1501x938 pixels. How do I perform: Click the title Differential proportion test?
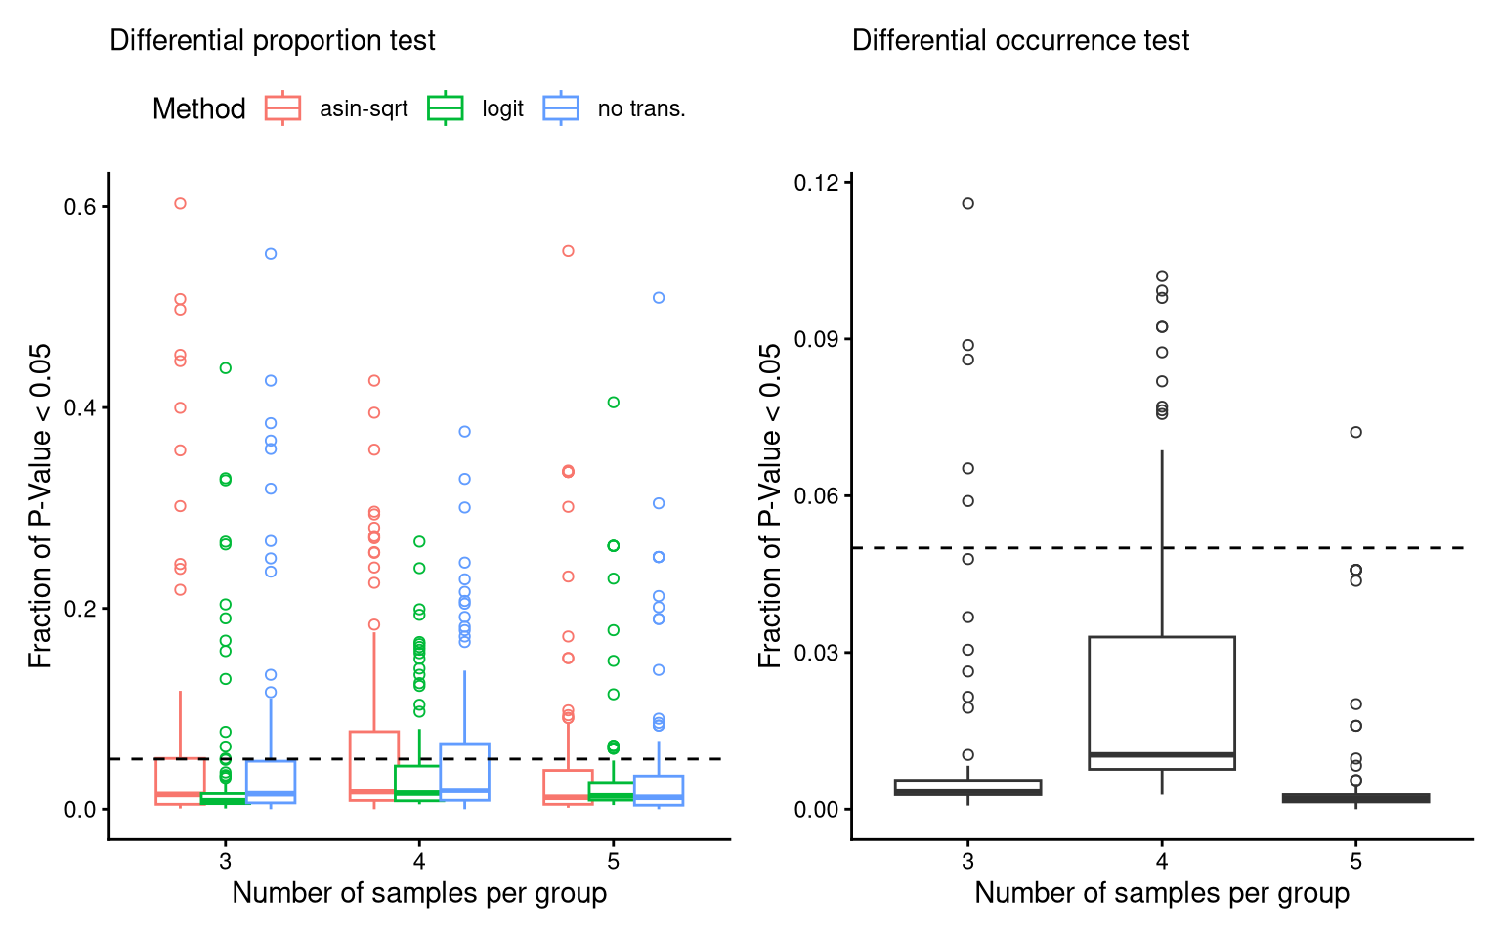pyautogui.click(x=272, y=41)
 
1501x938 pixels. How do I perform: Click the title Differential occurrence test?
pyautogui.click(x=1020, y=41)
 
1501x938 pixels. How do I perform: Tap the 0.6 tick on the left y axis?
pyautogui.click(x=80, y=207)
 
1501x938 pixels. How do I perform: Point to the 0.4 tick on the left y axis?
pyautogui.click(x=80, y=407)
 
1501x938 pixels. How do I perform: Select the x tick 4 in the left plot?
pyautogui.click(x=419, y=861)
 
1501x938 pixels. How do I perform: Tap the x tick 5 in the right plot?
pyautogui.click(x=1355, y=861)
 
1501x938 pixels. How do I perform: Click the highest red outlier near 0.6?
pyautogui.click(x=180, y=203)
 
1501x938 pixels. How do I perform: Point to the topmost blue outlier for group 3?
pyautogui.click(x=271, y=254)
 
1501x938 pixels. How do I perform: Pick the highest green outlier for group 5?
pyautogui.click(x=614, y=402)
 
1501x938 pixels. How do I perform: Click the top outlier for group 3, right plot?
pyautogui.click(x=967, y=203)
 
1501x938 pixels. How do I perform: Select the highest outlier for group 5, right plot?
pyautogui.click(x=1355, y=432)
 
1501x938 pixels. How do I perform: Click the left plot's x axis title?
pyautogui.click(x=419, y=893)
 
